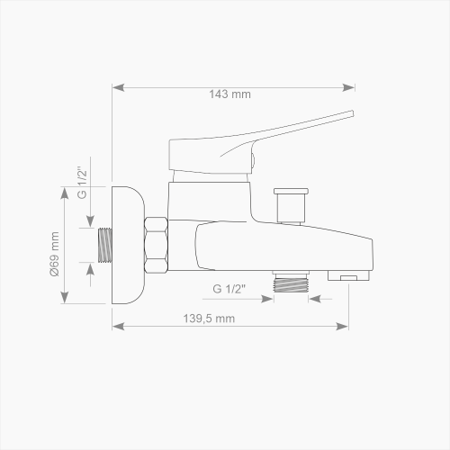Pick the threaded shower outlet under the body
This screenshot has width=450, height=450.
tap(291, 282)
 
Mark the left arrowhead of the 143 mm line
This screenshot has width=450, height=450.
tap(114, 87)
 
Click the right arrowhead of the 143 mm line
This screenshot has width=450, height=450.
tap(352, 87)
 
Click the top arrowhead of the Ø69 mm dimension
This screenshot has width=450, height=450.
tap(65, 189)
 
